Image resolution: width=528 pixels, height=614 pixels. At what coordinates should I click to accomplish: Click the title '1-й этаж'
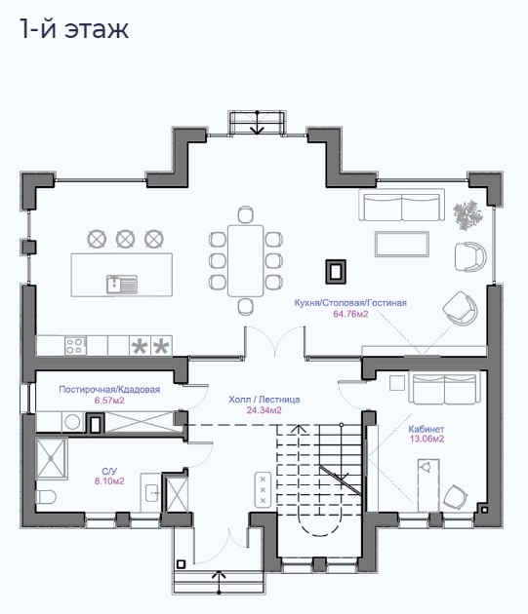click(74, 28)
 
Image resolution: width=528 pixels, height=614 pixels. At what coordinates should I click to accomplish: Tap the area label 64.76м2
click(350, 314)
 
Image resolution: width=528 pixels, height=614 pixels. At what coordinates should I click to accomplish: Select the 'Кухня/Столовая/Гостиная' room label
click(350, 303)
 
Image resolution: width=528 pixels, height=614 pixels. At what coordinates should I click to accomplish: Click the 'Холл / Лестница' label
click(264, 400)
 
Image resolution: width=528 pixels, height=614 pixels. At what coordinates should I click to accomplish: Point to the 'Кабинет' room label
click(426, 429)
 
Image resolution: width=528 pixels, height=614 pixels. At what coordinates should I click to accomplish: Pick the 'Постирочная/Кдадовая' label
click(109, 389)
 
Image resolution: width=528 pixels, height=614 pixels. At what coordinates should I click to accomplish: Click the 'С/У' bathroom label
click(108, 471)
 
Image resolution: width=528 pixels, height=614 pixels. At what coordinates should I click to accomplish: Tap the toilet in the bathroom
click(46, 496)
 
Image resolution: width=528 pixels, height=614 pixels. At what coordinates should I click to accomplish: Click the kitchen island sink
click(122, 284)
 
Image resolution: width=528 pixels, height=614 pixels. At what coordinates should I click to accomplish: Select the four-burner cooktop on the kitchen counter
click(75, 346)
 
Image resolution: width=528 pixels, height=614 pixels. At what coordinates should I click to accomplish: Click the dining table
click(246, 260)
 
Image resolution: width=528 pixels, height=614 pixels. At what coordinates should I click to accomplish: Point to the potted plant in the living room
click(467, 215)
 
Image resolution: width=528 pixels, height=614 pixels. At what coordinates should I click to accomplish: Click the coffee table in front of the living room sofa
click(402, 244)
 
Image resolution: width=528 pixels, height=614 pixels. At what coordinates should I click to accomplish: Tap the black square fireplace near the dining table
click(336, 271)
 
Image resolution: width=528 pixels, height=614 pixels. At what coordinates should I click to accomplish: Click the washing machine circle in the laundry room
click(72, 422)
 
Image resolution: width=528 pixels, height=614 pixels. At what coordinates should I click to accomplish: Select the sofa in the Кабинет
click(444, 388)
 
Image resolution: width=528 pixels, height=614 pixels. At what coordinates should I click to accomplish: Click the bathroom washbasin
click(152, 493)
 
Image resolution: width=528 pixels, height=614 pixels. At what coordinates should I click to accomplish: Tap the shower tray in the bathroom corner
click(52, 458)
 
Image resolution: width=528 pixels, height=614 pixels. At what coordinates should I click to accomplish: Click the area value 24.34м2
click(264, 410)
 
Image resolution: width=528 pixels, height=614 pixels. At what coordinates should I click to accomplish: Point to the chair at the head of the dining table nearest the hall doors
click(246, 306)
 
